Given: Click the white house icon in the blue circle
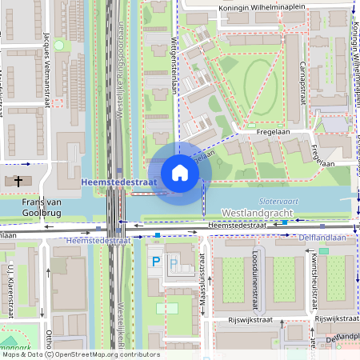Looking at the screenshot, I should (180, 173).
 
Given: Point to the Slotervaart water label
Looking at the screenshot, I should (278, 201).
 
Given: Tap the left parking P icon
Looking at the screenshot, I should (157, 262).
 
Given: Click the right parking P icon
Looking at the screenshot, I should (174, 262).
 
